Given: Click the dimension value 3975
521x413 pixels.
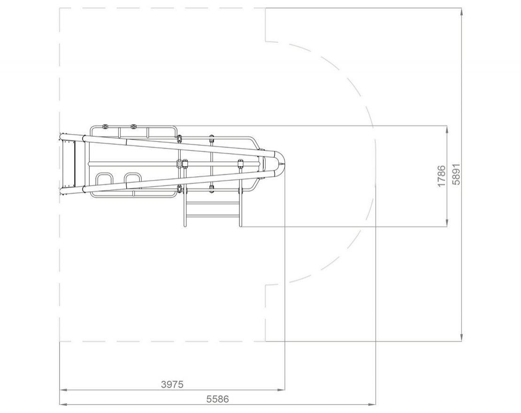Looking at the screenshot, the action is click(x=172, y=384).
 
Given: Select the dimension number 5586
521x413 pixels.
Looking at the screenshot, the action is click(x=218, y=399).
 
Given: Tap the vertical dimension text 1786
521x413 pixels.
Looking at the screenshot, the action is click(x=441, y=176).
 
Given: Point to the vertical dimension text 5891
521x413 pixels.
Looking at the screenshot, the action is click(x=457, y=174).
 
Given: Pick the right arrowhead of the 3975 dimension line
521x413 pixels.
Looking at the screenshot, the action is click(x=281, y=390).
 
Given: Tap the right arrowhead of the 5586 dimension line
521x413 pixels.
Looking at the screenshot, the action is click(x=372, y=405).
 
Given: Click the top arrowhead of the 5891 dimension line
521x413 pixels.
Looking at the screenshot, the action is click(x=461, y=12).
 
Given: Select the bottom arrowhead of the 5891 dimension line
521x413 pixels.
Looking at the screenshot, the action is click(x=461, y=337).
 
